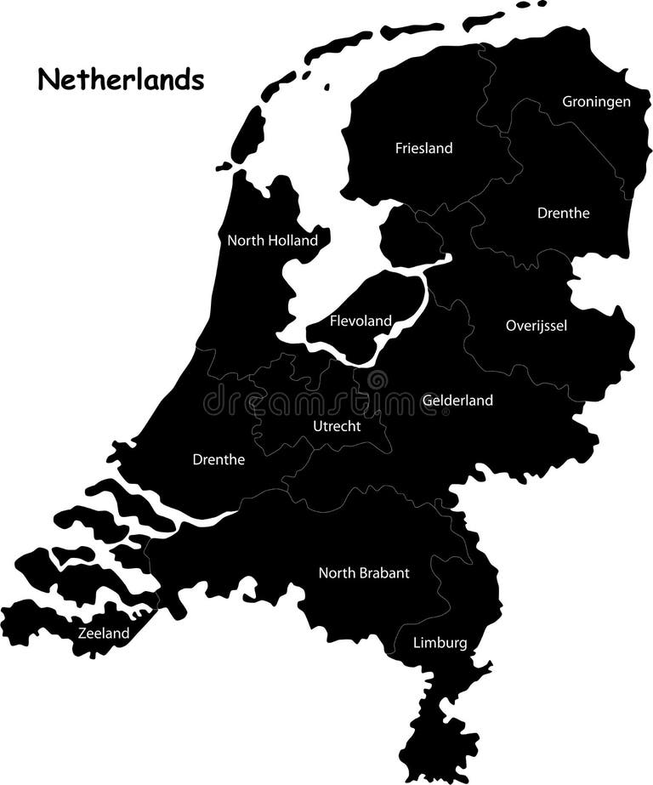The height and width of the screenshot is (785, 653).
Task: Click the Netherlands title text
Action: (121, 80)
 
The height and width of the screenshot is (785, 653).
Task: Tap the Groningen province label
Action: (596, 102)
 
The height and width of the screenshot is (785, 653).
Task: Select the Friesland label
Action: (423, 148)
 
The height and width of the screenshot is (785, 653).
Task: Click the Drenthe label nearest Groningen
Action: (563, 213)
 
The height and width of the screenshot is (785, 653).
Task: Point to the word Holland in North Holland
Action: (292, 241)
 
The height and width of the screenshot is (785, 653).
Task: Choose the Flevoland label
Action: (361, 321)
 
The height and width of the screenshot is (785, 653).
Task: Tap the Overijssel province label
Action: (536, 325)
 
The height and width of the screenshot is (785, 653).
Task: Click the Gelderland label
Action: (457, 400)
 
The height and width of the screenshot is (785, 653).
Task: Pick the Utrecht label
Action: (336, 425)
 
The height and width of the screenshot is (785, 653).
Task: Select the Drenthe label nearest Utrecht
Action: (219, 460)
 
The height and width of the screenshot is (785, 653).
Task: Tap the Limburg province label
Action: (440, 643)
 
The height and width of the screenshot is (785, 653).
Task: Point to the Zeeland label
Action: (104, 633)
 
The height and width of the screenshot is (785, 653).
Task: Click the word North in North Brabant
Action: (334, 573)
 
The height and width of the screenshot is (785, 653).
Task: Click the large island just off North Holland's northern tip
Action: (248, 134)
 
